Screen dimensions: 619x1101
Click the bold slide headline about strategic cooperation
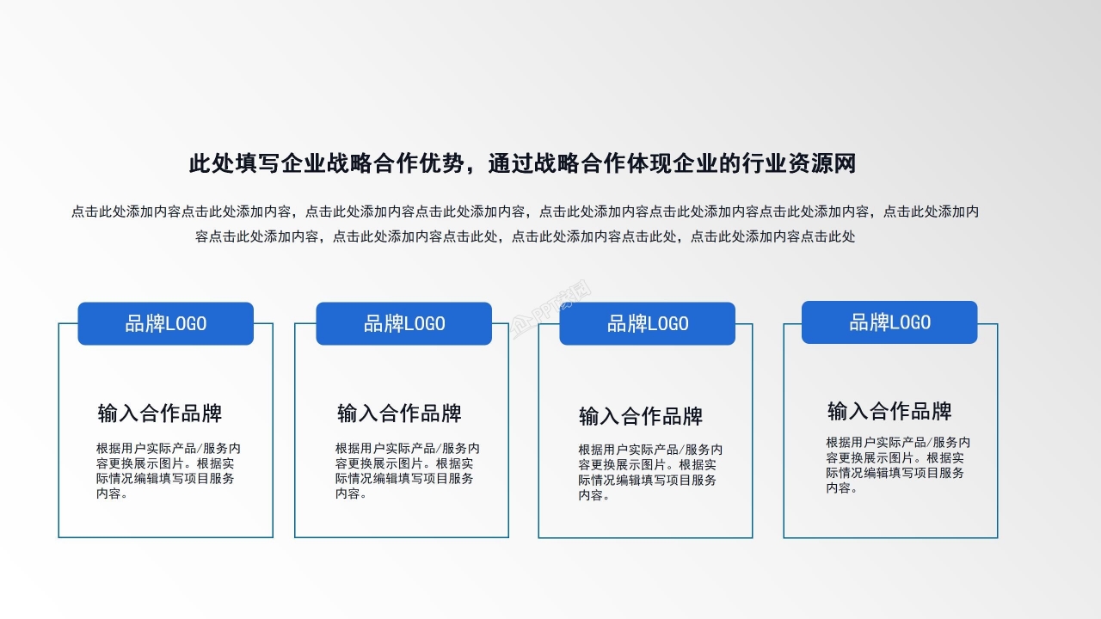coord(522,163)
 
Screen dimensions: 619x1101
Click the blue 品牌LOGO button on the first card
coord(166,324)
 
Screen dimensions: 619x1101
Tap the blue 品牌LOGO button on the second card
coord(404,324)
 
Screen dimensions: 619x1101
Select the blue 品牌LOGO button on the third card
coord(648,324)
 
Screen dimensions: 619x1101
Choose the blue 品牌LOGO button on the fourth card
coord(889,322)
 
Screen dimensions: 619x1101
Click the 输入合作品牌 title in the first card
coord(160,414)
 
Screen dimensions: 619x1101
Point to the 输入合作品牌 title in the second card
coord(399,414)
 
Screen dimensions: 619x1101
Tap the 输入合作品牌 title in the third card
coord(641,417)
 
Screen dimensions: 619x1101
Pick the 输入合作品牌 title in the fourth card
coord(889,411)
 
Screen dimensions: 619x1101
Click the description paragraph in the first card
coord(167,471)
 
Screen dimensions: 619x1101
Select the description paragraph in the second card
coord(406,471)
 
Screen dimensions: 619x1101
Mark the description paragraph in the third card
coord(649,473)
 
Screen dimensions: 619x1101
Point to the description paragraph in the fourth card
coord(897,465)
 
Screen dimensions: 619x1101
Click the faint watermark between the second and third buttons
coord(551,310)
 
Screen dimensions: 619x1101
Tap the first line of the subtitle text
coord(525,211)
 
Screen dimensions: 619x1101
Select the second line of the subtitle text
coord(525,236)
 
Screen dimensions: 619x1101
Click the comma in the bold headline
coord(476,165)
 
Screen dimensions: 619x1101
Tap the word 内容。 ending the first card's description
coord(113,494)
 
